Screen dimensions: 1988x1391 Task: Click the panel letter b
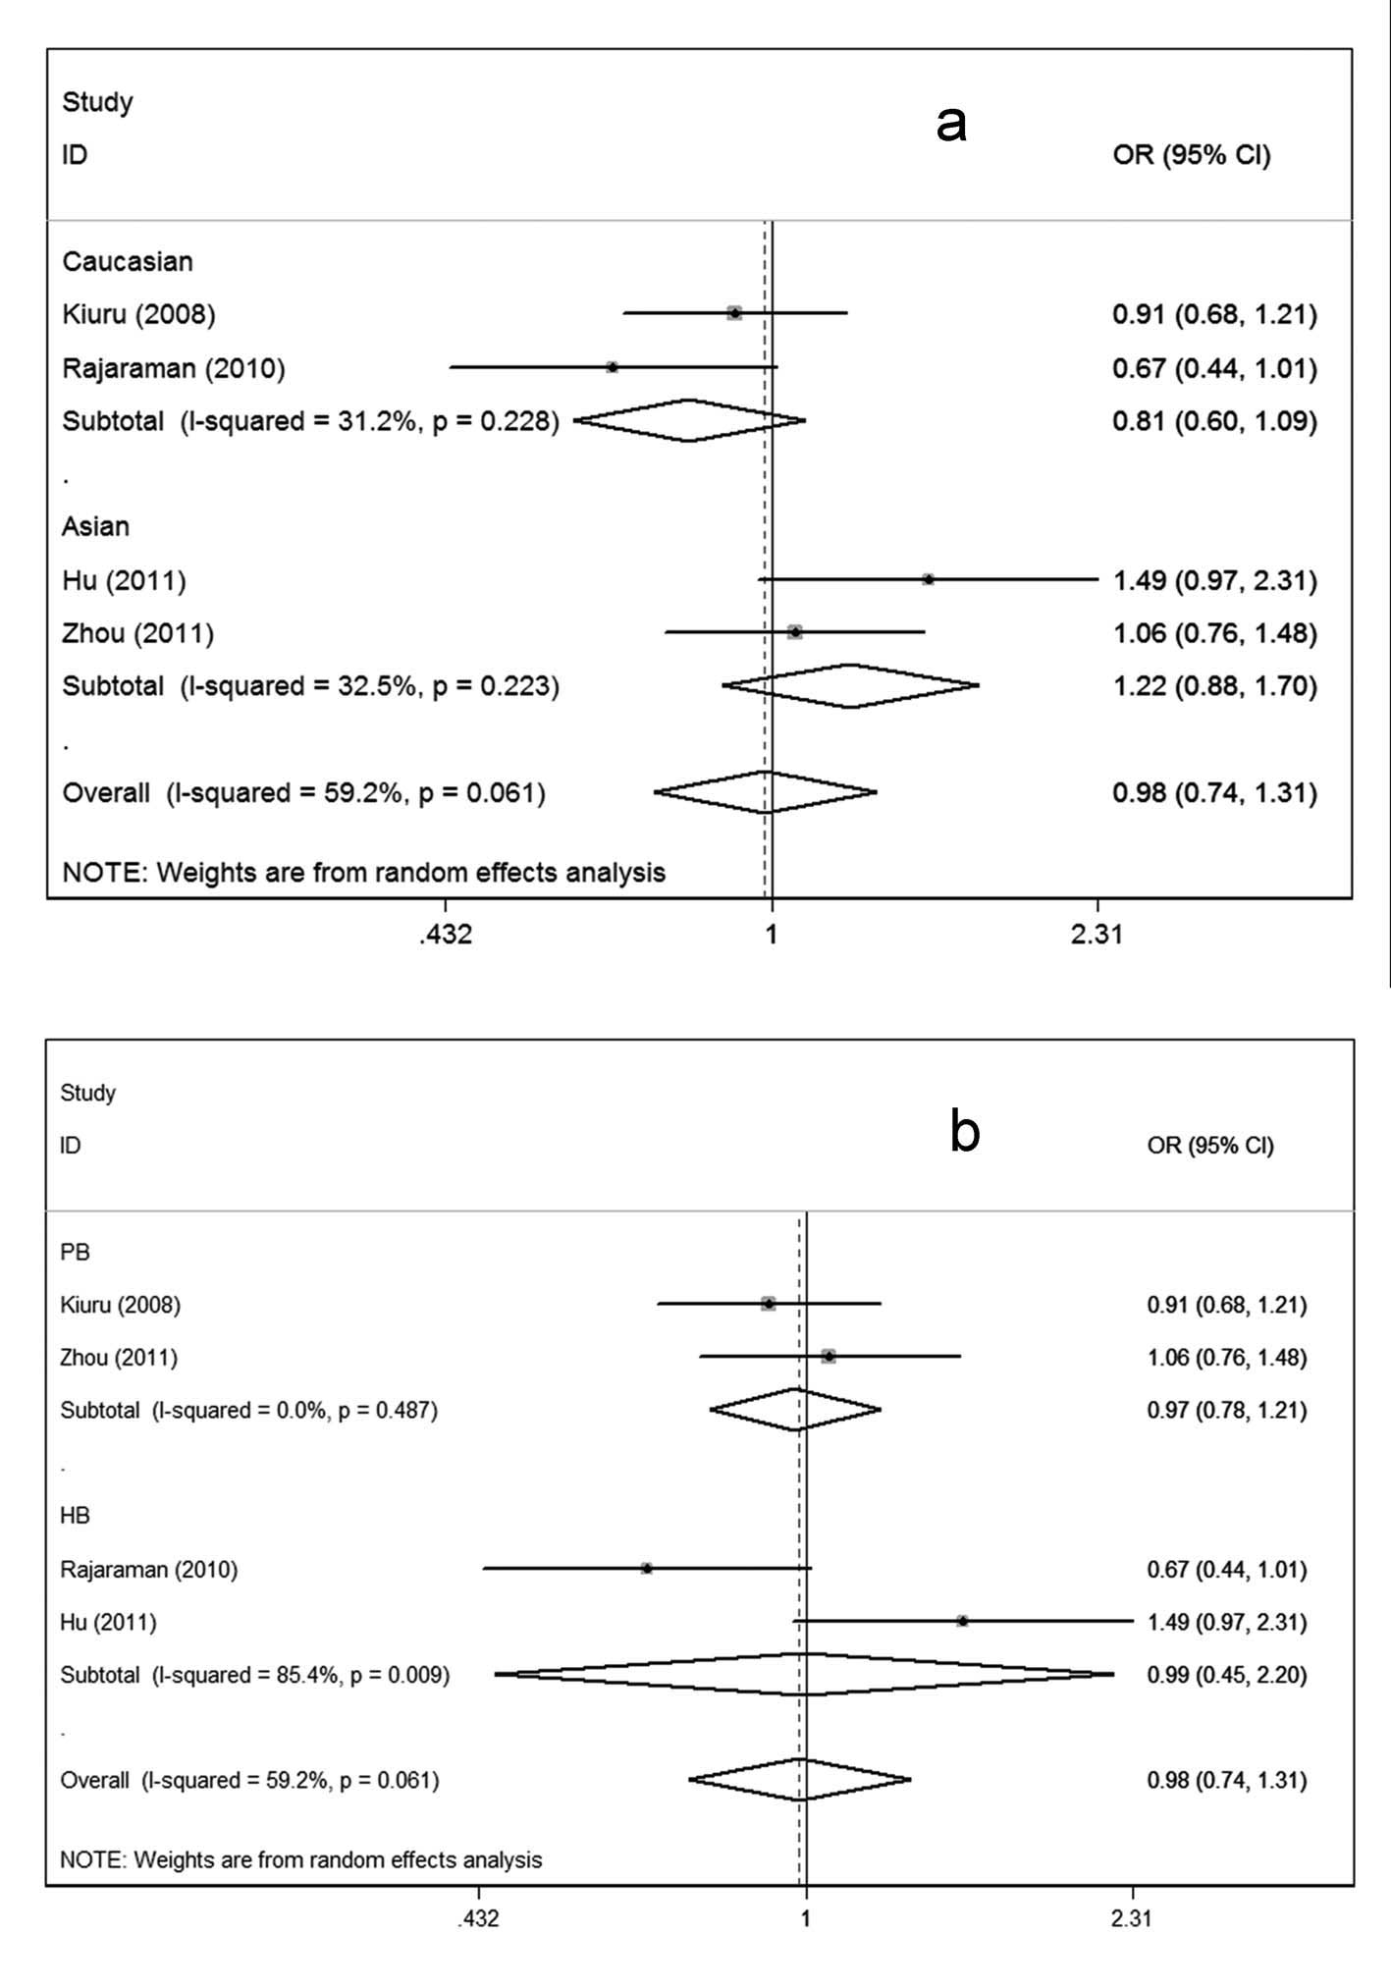[965, 1132]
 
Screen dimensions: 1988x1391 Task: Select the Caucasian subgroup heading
[128, 261]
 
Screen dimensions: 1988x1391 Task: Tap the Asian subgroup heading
[95, 526]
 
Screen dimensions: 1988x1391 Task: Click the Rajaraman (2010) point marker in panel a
[613, 367]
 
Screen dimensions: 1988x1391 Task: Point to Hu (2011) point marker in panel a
[928, 579]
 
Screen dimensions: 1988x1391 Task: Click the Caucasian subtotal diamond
[689, 420]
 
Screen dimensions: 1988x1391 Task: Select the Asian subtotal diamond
[850, 685]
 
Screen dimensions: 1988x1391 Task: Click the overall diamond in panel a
[766, 792]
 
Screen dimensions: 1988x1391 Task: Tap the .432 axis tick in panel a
[445, 934]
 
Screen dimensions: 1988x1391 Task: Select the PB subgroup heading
[75, 1252]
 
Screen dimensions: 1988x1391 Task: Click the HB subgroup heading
[75, 1516]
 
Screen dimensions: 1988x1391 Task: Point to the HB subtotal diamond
[804, 1675]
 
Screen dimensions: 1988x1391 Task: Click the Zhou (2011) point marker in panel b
[829, 1357]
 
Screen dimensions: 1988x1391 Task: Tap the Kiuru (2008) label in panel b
[120, 1305]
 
